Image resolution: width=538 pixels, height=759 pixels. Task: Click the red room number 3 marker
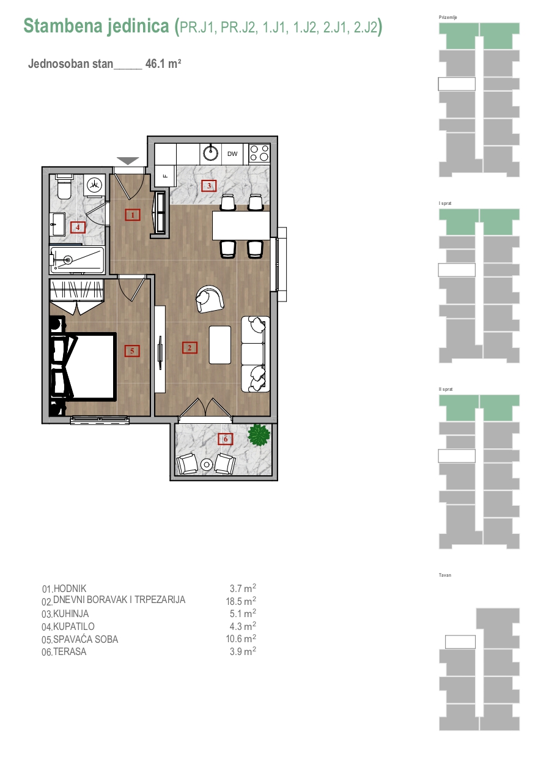click(x=209, y=186)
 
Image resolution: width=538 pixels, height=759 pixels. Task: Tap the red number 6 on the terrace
click(x=226, y=439)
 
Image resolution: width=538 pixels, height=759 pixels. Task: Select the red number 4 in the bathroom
click(x=78, y=227)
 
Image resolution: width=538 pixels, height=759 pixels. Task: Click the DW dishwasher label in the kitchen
click(x=232, y=154)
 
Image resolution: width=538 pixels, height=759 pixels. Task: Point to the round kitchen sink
click(x=210, y=153)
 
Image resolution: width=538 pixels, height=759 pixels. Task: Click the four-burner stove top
click(x=259, y=153)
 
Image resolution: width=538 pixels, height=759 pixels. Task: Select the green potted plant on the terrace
click(x=259, y=435)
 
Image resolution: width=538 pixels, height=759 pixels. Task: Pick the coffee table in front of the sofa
click(x=220, y=345)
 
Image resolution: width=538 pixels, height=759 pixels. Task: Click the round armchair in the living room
click(x=210, y=299)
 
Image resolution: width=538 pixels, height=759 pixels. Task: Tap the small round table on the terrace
click(x=206, y=464)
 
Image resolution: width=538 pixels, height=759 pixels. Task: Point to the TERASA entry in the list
click(x=70, y=651)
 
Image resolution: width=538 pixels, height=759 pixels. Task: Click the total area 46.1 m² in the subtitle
click(x=163, y=64)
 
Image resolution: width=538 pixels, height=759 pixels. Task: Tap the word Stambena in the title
click(x=63, y=26)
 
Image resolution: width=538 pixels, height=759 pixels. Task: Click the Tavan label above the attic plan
click(x=445, y=575)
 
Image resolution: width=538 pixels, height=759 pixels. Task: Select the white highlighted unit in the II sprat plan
click(x=457, y=456)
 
